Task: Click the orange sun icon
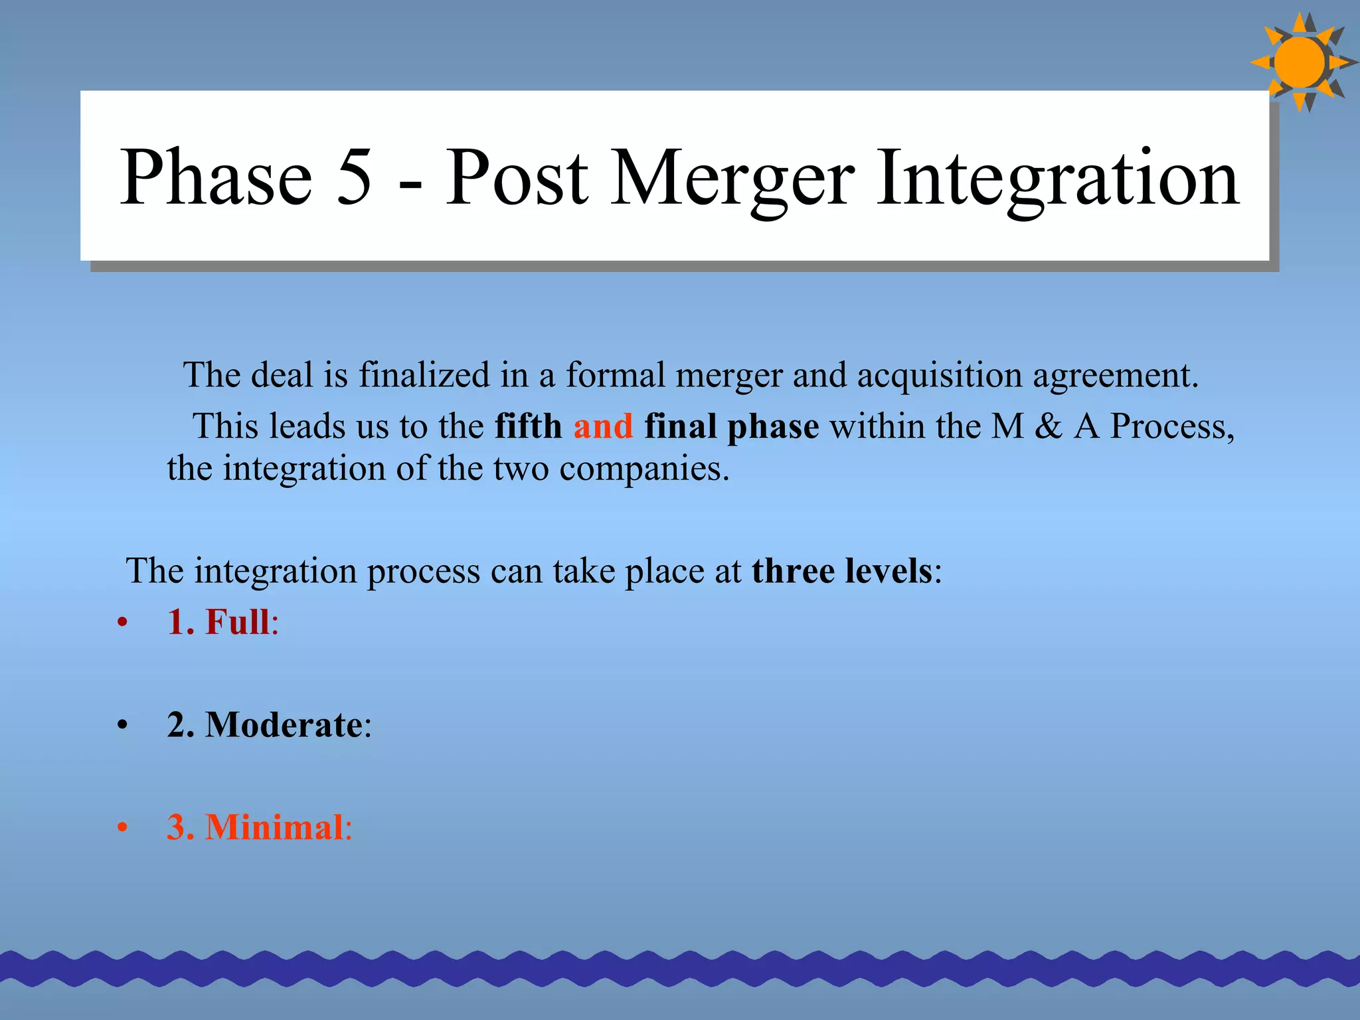point(1300,62)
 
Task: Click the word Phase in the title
point(216,178)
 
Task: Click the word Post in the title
point(517,178)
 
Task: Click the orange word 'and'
point(603,426)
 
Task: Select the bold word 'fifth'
point(528,426)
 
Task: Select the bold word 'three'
point(792,570)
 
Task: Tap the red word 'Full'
point(237,622)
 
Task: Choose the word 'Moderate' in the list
point(284,724)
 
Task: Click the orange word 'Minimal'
point(274,827)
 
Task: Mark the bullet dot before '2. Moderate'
point(122,725)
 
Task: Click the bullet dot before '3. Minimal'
point(122,828)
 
